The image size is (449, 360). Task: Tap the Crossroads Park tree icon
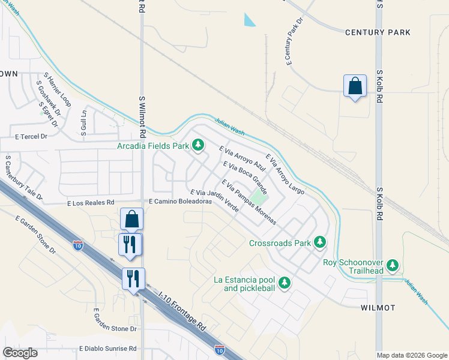(320, 242)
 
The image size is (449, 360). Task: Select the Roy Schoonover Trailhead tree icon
(393, 265)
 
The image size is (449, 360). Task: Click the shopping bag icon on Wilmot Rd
(131, 220)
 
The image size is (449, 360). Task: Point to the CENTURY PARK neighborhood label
(378, 32)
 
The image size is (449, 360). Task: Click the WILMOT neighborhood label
(378, 308)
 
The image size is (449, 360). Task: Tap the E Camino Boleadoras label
(180, 202)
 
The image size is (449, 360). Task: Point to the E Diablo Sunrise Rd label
(108, 349)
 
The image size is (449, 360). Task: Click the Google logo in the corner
(20, 353)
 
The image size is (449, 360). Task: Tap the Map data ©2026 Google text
(412, 355)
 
